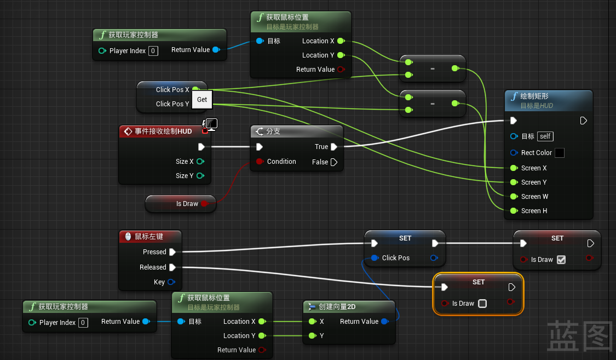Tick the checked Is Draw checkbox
[561, 260]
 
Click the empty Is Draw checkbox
[482, 304]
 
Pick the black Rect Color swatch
[559, 153]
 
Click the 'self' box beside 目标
[545, 136]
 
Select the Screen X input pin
[513, 168]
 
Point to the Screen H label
[534, 211]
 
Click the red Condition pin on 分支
[260, 162]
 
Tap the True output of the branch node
[334, 147]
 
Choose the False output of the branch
[334, 162]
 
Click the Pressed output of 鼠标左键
[172, 252]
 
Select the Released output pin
[172, 267]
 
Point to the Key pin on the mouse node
[171, 282]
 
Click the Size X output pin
[200, 162]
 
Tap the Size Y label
[185, 176]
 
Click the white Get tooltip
[202, 100]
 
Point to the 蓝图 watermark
[579, 335]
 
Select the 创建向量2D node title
[337, 307]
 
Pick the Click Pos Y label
[172, 104]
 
